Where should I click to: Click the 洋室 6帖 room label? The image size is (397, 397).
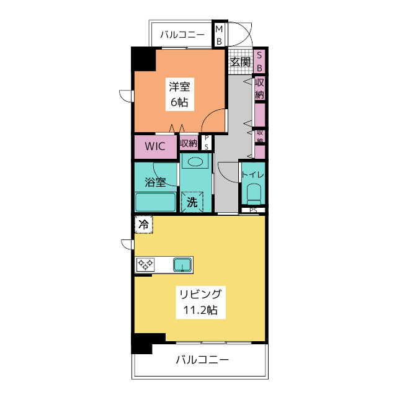[x=180, y=94]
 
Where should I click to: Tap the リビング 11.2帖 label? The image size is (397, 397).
[x=200, y=302]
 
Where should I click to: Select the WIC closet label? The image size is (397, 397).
[x=155, y=146]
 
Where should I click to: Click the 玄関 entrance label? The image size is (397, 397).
[x=240, y=61]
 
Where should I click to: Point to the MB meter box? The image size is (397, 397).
[x=219, y=35]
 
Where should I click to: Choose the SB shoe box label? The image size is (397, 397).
[x=259, y=61]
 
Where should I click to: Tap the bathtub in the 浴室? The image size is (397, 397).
[x=155, y=202]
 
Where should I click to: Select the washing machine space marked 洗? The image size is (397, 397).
[x=192, y=202]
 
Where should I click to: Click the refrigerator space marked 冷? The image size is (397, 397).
[x=143, y=225]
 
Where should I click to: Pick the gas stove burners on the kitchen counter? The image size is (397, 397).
[x=145, y=265]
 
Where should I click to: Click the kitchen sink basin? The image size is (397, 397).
[x=182, y=265]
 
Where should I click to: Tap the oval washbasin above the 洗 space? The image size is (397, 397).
[x=195, y=162]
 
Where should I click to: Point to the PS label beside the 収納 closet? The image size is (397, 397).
[x=207, y=142]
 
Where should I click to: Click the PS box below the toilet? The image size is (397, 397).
[x=253, y=210]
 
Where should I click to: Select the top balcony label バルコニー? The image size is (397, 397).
[x=182, y=35]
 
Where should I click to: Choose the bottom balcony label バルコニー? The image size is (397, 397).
[x=202, y=360]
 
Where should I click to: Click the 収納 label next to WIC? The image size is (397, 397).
[x=189, y=143]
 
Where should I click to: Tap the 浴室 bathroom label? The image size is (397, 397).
[x=155, y=182]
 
